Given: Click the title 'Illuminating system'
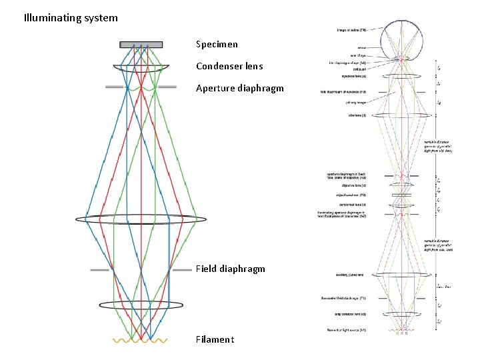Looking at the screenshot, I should point(70,18).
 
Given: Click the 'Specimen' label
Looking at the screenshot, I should point(217,45).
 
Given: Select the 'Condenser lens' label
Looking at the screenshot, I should point(229,66).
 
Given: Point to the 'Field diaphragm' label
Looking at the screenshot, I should point(230,269).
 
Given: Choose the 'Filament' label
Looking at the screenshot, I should point(215,340).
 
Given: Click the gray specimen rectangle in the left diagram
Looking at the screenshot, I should point(141,45).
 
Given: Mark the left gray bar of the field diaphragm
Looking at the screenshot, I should point(100,270).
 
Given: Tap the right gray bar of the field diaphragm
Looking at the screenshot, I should point(181,270).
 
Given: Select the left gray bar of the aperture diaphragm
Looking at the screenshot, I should point(114,87).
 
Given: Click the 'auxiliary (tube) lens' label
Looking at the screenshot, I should point(350,275).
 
